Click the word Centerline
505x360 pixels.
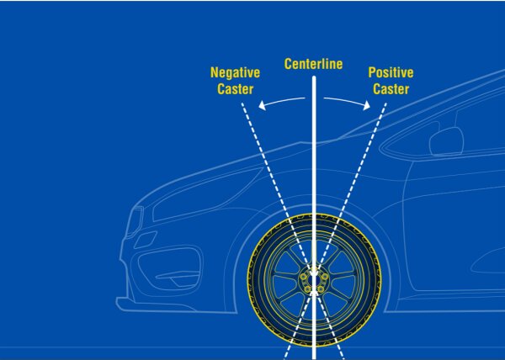pos(313,64)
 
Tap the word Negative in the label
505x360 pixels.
pos(235,72)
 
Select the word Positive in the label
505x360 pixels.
pos(391,72)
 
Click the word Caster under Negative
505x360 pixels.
pos(235,89)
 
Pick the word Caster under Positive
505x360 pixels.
pos(391,89)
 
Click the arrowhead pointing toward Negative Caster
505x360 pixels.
pos(263,105)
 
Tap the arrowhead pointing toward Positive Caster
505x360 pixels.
pos(366,105)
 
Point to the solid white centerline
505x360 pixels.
pos(314,218)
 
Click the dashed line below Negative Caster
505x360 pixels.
pos(293,231)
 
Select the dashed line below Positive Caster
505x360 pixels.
pos(335,231)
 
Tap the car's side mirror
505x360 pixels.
pos(446,141)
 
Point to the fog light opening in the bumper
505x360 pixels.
pos(170,269)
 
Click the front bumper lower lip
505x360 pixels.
pos(155,305)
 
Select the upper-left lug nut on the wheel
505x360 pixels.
pos(303,277)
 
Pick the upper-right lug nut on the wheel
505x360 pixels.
pos(325,277)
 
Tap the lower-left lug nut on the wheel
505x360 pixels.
pos(307,289)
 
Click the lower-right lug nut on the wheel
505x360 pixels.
pos(321,289)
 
